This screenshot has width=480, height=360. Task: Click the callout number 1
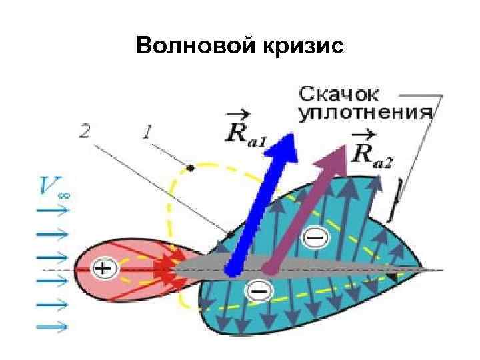[146, 131]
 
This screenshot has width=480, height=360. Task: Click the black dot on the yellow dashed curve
[191, 168]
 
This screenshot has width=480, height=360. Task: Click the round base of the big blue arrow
[231, 269]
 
